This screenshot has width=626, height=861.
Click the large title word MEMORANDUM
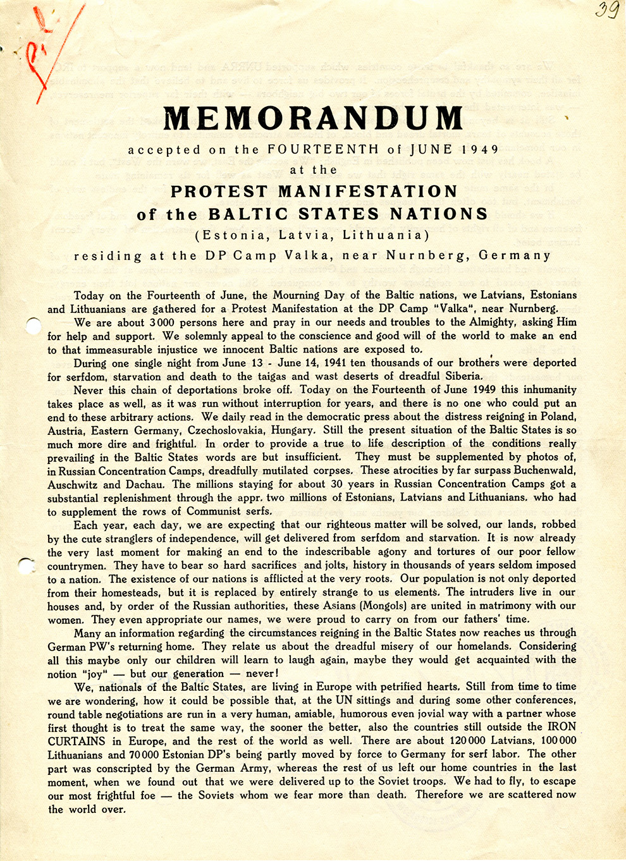tap(314, 118)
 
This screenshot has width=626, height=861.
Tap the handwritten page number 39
tap(606, 11)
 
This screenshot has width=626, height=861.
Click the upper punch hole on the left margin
tap(32, 326)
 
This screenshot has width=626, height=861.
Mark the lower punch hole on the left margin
tap(27, 564)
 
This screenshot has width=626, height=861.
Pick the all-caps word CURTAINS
tap(77, 741)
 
